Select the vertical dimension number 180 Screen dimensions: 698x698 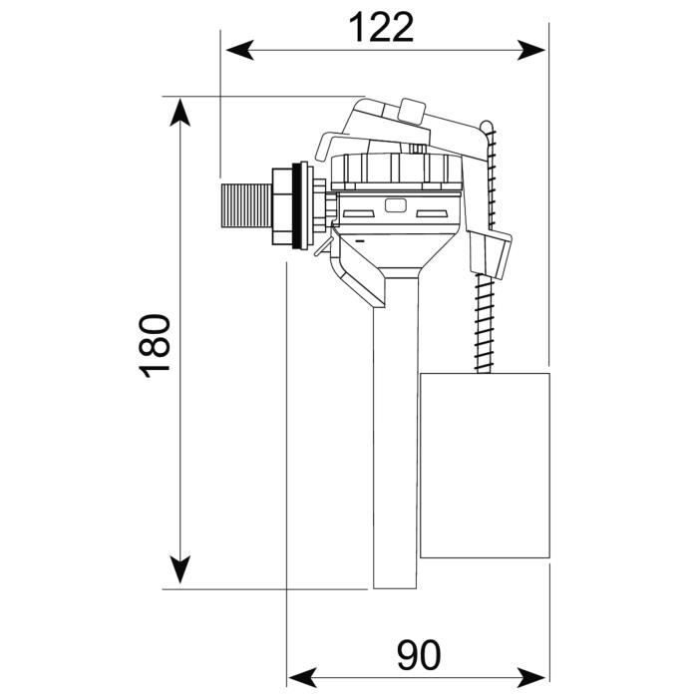156,344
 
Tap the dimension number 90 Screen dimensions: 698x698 420,656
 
